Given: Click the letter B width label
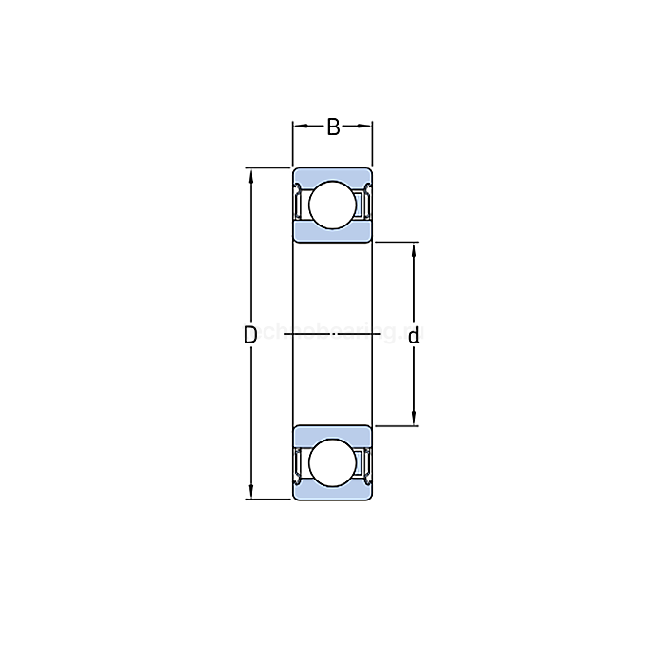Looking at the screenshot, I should click(x=333, y=127).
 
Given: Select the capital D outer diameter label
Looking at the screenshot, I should click(x=250, y=335).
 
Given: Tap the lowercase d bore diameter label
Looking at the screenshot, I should click(x=414, y=335).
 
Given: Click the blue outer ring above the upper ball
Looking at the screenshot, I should click(x=331, y=173).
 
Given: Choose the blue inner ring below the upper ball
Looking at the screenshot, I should click(x=331, y=233).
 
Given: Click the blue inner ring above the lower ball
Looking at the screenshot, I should click(x=331, y=433).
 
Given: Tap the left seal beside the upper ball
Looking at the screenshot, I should click(x=298, y=204).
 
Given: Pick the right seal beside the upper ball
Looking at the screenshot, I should click(x=365, y=204).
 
